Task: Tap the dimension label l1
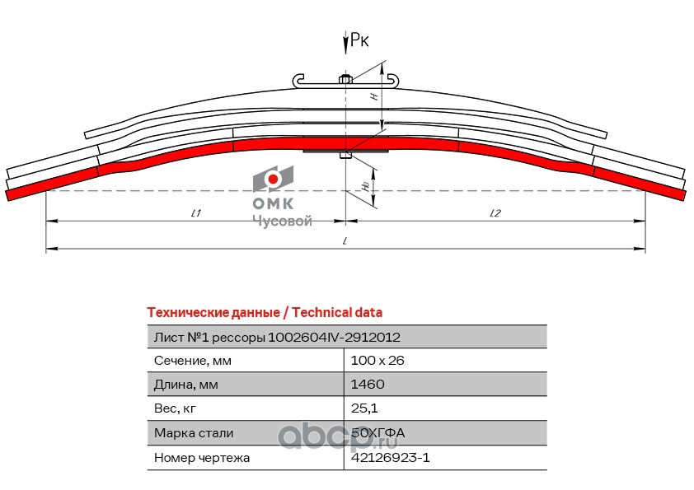pos(196,213)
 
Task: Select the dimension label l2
pos(495,213)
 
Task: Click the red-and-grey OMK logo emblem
pos(273,179)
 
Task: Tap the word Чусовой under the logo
pos(281,221)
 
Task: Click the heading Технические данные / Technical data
pos(264,313)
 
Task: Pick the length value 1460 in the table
pos(368,384)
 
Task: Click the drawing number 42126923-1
pos(391,457)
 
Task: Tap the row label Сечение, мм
pos(193,361)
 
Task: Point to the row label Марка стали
pos(194,433)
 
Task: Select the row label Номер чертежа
pos(202,457)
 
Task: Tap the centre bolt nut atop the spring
pos(345,80)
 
